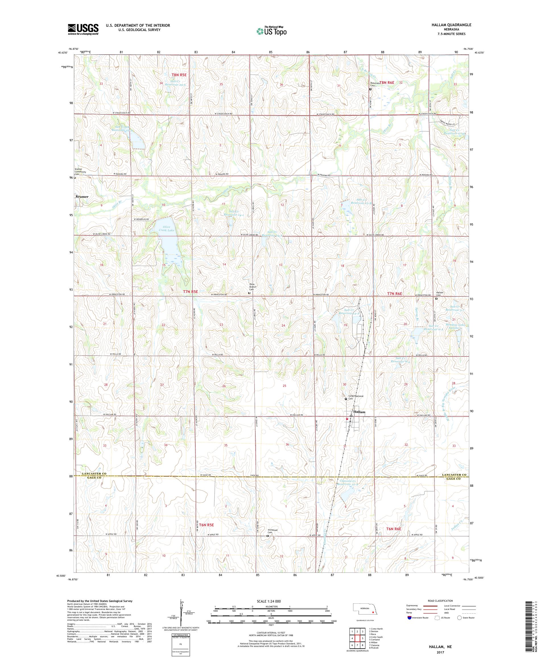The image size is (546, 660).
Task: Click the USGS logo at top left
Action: (83, 29)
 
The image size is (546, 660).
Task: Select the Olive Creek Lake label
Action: (167, 228)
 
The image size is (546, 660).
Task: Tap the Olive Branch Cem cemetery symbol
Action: (249, 293)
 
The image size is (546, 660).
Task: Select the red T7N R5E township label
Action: (191, 292)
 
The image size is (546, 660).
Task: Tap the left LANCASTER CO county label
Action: (91, 474)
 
